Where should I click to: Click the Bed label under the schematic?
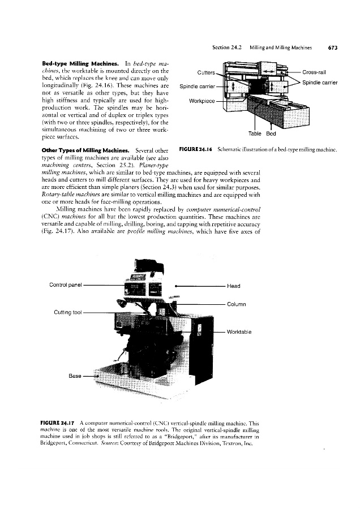click(271, 134)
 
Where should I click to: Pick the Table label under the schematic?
click(255, 134)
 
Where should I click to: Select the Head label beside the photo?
click(233, 286)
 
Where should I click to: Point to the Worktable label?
click(242, 332)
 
